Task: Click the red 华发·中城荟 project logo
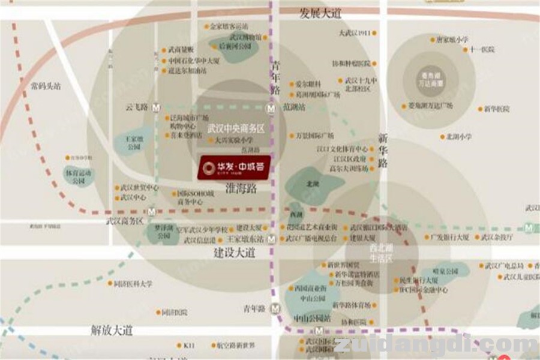pos(235,167)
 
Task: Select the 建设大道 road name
pos(235,253)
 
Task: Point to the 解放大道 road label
pos(112,331)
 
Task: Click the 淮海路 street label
pos(241,188)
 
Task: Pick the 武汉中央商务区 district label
pos(236,129)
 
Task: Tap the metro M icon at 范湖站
pos(271,109)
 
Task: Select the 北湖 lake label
pos(312,184)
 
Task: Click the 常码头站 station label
pos(46,86)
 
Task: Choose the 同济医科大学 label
pos(133,284)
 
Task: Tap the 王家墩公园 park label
pos(133,142)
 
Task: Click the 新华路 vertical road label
pos(383,150)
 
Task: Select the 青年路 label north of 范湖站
pos(275,79)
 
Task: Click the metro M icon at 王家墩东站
pos(272,239)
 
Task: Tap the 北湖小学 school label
pos(458,137)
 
